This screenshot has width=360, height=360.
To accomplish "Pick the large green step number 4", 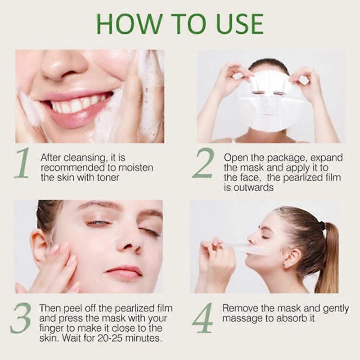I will [203, 317].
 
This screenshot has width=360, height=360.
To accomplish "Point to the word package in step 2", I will [283, 158].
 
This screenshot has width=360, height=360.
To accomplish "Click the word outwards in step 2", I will [255, 188].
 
